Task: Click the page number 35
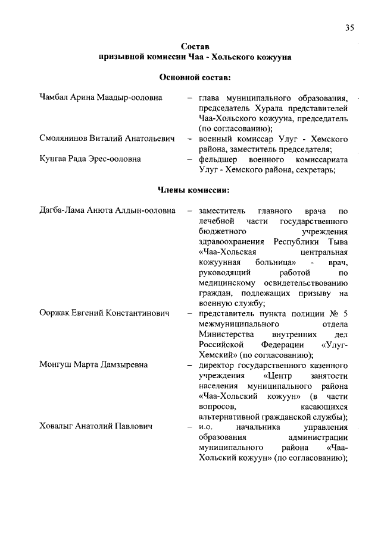[x=349, y=27]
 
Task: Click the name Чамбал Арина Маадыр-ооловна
[x=101, y=97]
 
